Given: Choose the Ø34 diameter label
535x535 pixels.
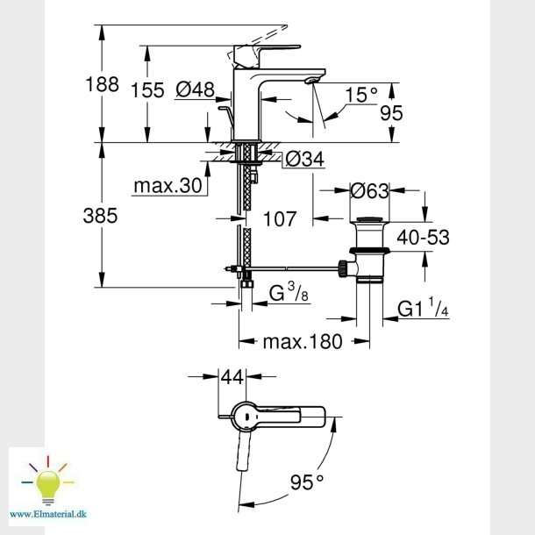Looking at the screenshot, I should [x=304, y=159].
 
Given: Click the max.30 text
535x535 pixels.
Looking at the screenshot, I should [x=168, y=186].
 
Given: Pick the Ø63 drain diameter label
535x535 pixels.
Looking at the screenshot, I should [x=370, y=190].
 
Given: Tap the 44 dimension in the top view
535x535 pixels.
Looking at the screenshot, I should [x=232, y=377].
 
